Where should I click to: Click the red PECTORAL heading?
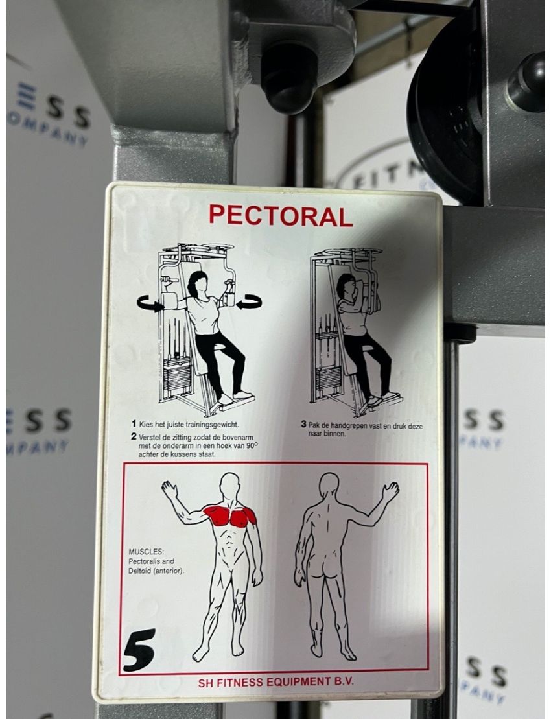click(281, 215)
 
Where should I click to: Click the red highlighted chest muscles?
click(229, 515)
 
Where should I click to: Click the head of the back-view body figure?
click(329, 486)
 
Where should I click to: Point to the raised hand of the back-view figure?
click(390, 491)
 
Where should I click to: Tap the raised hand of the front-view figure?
click(169, 489)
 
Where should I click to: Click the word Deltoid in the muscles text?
click(143, 571)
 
